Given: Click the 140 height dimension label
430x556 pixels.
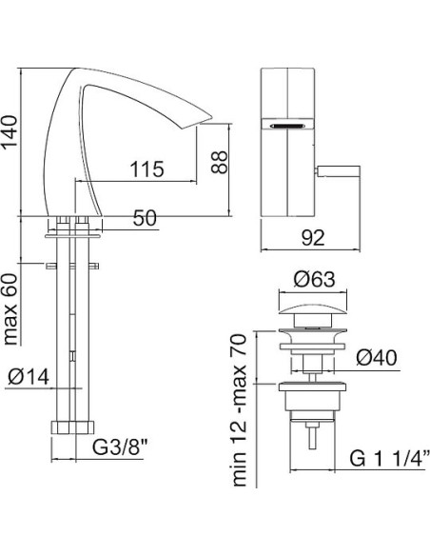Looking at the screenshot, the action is click(10, 131).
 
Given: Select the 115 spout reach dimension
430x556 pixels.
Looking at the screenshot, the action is click(147, 169).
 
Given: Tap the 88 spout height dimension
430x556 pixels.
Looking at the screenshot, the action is click(219, 162).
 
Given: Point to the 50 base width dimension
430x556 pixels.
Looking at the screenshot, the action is click(145, 218).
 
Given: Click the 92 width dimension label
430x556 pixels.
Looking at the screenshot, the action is click(313, 238).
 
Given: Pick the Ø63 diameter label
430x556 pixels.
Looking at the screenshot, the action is click(314, 280).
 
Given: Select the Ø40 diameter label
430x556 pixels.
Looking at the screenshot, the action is click(377, 358).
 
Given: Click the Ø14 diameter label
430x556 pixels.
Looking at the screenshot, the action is click(29, 377).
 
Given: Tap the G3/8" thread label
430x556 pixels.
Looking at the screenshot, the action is click(120, 447).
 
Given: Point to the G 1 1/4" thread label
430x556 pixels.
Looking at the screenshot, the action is click(390, 459).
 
